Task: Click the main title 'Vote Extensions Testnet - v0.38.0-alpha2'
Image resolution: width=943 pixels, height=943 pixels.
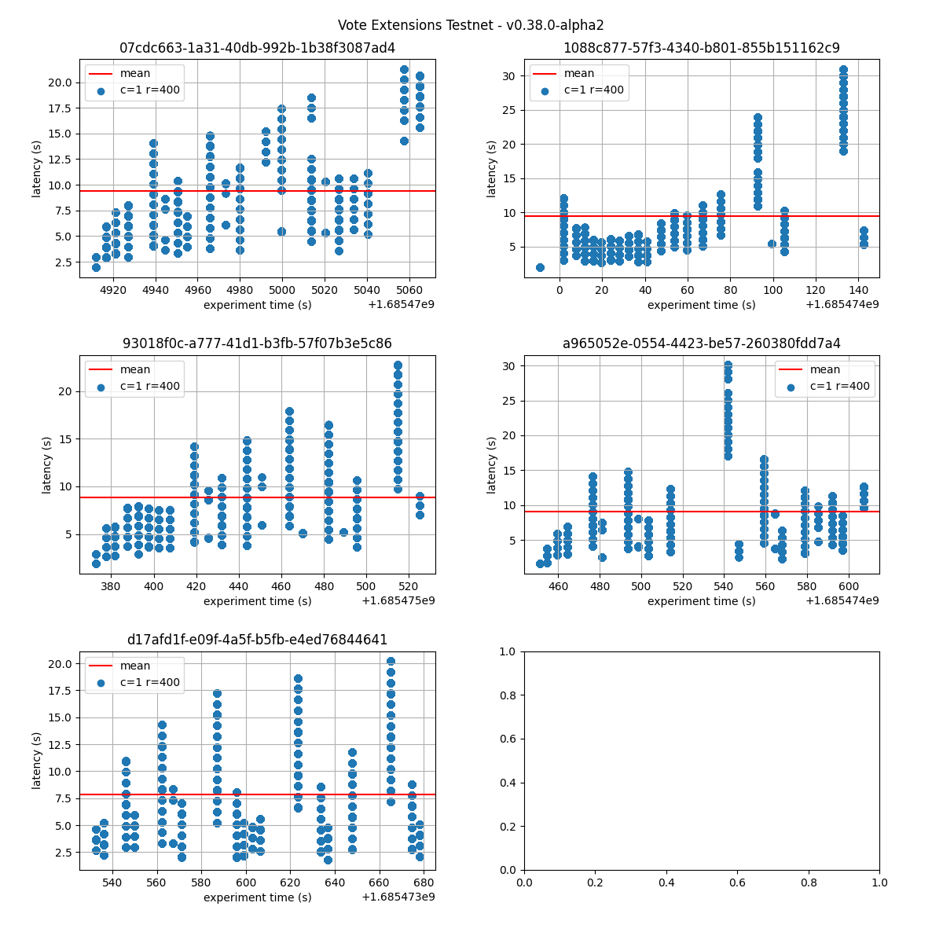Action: (471, 25)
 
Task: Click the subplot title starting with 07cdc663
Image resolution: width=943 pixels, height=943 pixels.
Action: (257, 48)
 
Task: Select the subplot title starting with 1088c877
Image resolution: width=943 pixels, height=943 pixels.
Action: (701, 48)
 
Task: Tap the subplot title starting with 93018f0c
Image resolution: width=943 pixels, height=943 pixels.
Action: (257, 343)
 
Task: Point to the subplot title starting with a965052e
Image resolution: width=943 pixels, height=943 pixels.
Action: (701, 343)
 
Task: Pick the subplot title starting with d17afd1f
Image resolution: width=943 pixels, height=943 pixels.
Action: (257, 640)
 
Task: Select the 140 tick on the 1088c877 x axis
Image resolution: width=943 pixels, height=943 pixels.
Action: (858, 289)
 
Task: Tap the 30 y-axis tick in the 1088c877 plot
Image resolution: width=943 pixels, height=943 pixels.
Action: (511, 76)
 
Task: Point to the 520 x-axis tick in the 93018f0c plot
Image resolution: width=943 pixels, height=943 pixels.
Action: (408, 585)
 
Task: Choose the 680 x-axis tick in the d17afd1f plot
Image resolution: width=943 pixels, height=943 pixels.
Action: (424, 881)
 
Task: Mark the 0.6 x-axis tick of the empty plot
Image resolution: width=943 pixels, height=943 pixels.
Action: (737, 881)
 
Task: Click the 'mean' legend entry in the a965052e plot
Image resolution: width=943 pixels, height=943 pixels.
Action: (825, 369)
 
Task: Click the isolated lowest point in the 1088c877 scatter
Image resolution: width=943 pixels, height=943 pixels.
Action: (540, 267)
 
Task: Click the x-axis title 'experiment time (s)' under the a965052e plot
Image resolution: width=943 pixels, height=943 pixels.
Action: (701, 601)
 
